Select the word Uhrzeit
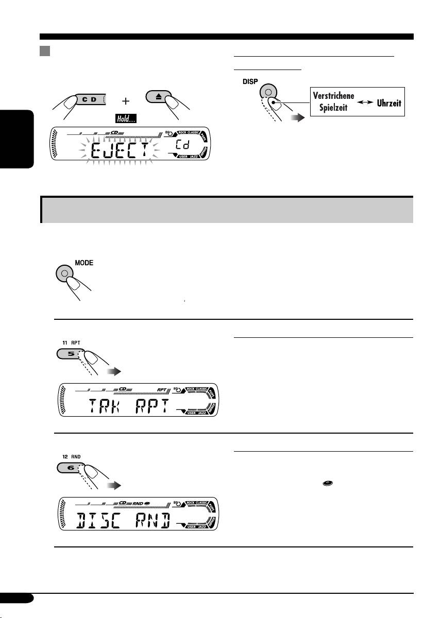383,103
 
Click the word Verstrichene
332,96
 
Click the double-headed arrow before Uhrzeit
361,103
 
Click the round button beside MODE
64,273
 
